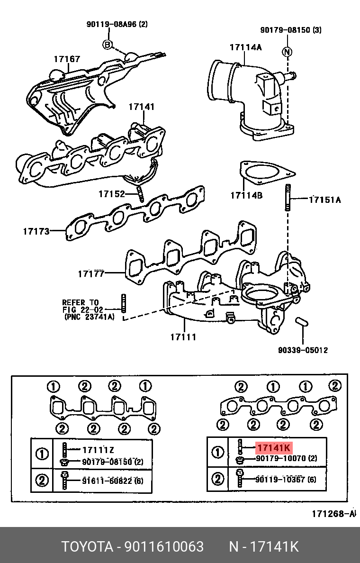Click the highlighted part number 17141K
[274, 447]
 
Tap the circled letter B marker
[108, 45]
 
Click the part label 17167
[67, 59]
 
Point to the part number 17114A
[246, 47]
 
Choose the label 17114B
[246, 195]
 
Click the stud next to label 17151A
[287, 199]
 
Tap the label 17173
[36, 231]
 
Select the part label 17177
[91, 273]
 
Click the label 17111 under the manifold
[183, 337]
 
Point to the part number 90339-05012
[303, 350]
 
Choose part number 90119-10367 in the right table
[281, 479]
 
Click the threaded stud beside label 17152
[140, 193]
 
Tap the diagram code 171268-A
[333, 514]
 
